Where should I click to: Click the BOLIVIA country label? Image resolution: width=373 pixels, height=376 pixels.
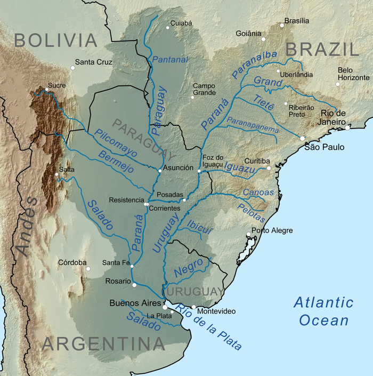pyautogui.click(x=56, y=41)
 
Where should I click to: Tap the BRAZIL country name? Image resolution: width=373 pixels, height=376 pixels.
pyautogui.click(x=322, y=50)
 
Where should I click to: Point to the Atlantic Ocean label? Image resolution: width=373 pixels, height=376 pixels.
pyautogui.click(x=323, y=311)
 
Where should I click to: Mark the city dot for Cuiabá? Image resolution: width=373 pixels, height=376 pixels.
pyautogui.click(x=167, y=25)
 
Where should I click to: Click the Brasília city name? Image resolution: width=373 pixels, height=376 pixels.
pyautogui.click(x=297, y=21)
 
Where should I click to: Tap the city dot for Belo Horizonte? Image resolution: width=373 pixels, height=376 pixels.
pyautogui.click(x=337, y=84)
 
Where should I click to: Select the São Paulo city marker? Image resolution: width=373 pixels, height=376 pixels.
pyautogui.click(x=302, y=138)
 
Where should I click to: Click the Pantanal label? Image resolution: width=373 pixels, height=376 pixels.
pyautogui.click(x=170, y=60)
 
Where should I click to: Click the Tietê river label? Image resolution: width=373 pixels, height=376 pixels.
pyautogui.click(x=263, y=103)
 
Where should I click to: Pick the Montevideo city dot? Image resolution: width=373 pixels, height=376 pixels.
pyautogui.click(x=194, y=307)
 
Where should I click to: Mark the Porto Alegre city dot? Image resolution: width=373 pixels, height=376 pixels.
pyautogui.click(x=248, y=234)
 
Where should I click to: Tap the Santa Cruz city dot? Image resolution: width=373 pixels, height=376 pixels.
pyautogui.click(x=73, y=68)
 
